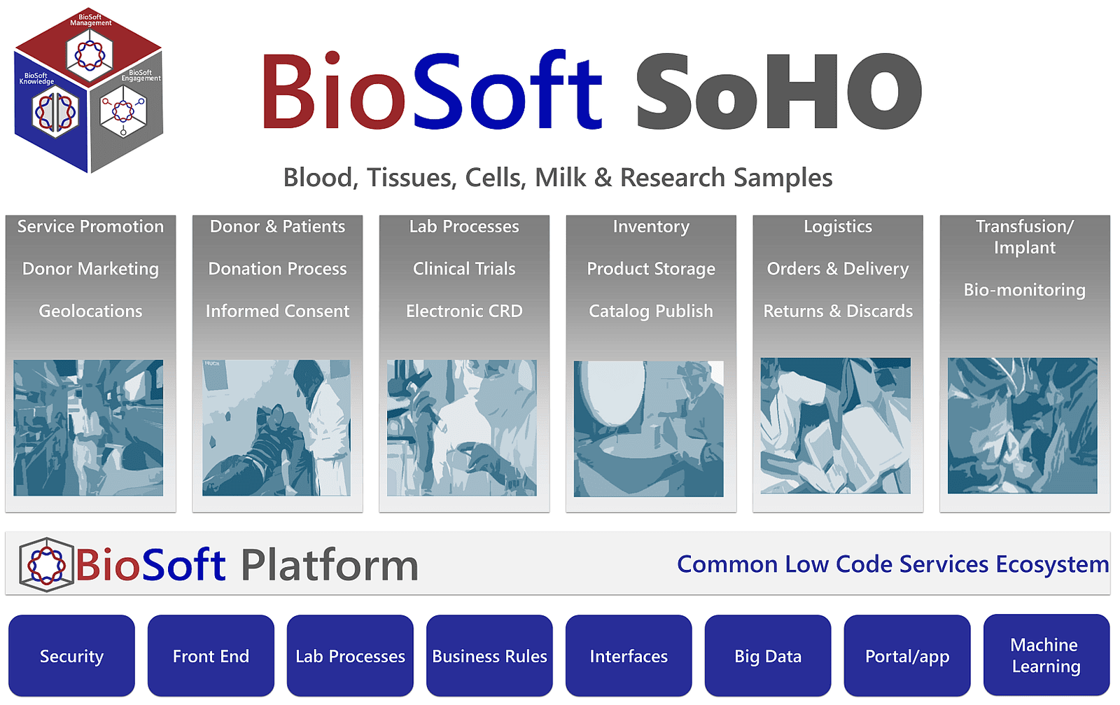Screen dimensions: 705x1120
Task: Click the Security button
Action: pyautogui.click(x=71, y=656)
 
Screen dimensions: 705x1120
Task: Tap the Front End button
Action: pyautogui.click(x=211, y=656)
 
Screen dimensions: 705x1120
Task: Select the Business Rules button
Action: pyautogui.click(x=489, y=656)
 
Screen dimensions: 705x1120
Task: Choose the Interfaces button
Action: pyautogui.click(x=629, y=656)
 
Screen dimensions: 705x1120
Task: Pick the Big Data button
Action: pyautogui.click(x=768, y=656)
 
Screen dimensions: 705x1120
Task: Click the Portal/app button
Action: pyautogui.click(x=907, y=656)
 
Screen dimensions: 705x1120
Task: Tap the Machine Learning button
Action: pyautogui.click(x=1046, y=655)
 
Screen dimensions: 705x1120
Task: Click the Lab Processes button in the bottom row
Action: pyautogui.click(x=350, y=656)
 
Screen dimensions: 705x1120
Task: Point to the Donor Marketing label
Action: pyautogui.click(x=90, y=269)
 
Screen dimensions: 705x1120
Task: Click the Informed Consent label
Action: pyautogui.click(x=277, y=311)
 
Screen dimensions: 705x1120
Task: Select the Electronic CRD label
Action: pyautogui.click(x=464, y=311)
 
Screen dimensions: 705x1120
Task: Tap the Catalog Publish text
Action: pyautogui.click(x=651, y=311)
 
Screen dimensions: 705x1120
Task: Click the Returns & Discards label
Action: pyautogui.click(x=838, y=311)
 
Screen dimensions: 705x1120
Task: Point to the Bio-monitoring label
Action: pyautogui.click(x=1024, y=290)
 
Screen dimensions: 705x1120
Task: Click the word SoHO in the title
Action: pyautogui.click(x=777, y=92)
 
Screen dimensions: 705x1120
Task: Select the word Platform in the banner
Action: pyautogui.click(x=329, y=565)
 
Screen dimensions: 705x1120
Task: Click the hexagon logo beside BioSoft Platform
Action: pyautogui.click(x=46, y=564)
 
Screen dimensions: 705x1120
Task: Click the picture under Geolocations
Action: pyautogui.click(x=88, y=428)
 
